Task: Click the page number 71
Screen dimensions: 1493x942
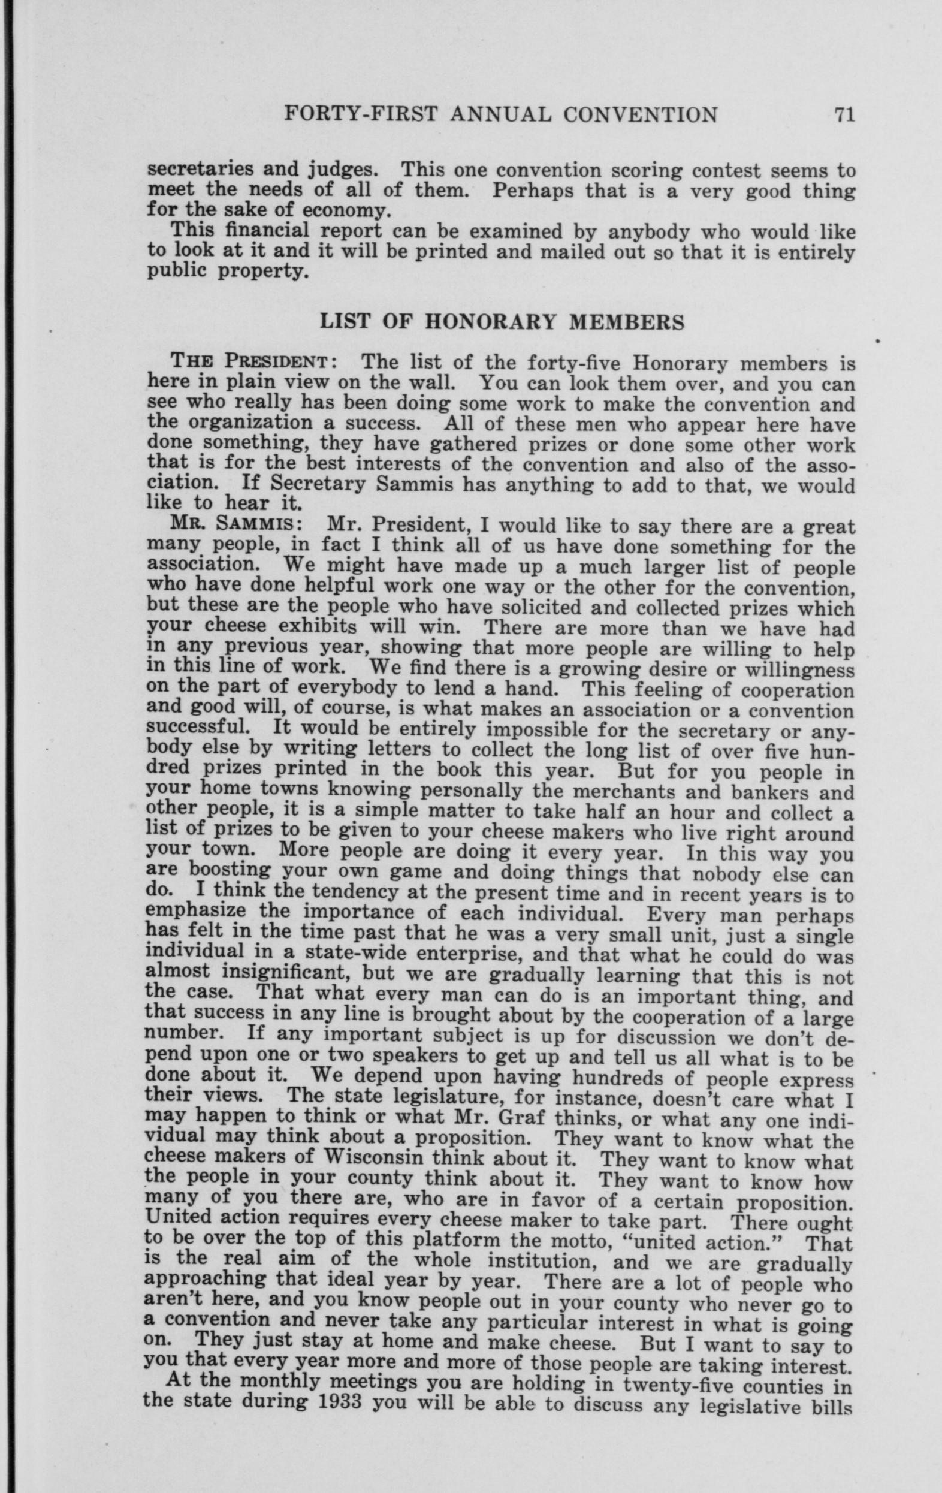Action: tap(844, 115)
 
